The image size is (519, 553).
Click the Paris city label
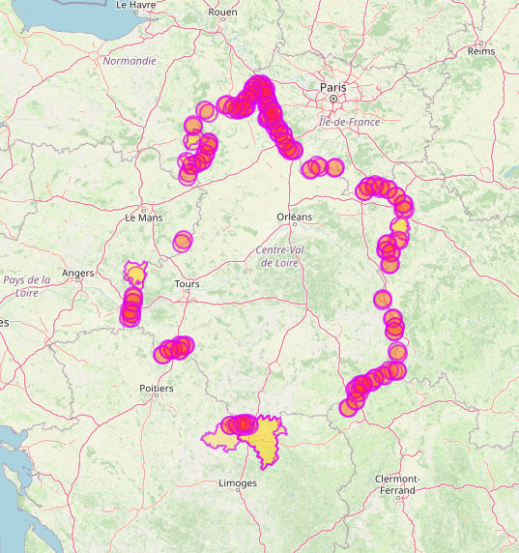tap(332, 86)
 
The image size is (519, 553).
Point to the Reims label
tap(480, 50)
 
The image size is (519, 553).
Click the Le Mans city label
tap(144, 218)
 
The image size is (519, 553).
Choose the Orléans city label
tap(295, 217)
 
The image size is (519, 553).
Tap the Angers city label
tap(78, 274)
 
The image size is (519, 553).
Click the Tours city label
tap(187, 284)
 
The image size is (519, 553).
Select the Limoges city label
tap(238, 482)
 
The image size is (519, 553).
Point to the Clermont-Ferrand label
tap(397, 484)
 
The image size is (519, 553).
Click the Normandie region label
tap(130, 60)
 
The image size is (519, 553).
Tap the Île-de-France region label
tap(350, 122)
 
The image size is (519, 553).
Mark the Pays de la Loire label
tap(26, 285)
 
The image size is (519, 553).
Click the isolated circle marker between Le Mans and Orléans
tap(183, 241)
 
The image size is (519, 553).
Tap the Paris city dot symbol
tap(332, 98)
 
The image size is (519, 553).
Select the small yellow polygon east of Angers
tap(136, 272)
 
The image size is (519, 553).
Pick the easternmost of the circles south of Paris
tap(334, 166)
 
